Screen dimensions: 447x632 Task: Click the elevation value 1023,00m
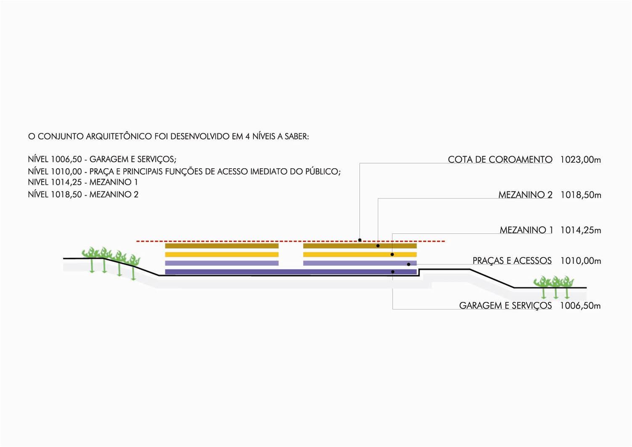(580, 160)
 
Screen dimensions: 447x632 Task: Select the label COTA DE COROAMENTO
(500, 160)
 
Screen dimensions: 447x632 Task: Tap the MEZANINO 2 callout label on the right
(525, 195)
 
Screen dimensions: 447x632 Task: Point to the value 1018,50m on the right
(581, 195)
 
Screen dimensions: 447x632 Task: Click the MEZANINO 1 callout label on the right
(526, 230)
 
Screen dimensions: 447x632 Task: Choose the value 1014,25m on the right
(581, 230)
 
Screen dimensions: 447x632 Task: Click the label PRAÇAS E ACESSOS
(512, 261)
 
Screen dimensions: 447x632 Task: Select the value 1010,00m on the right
(581, 261)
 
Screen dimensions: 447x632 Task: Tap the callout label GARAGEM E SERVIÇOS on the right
(505, 306)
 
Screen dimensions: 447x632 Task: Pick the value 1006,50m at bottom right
(580, 306)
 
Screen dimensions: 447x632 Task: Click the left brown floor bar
(222, 246)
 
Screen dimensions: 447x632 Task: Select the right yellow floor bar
(360, 254)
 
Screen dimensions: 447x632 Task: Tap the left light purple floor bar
(222, 263)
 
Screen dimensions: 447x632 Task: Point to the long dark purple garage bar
(290, 272)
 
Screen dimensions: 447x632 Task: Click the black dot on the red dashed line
(360, 240)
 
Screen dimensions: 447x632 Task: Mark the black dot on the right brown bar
(378, 246)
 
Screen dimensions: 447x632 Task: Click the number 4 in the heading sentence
(247, 137)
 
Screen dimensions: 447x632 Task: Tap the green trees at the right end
(554, 285)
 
